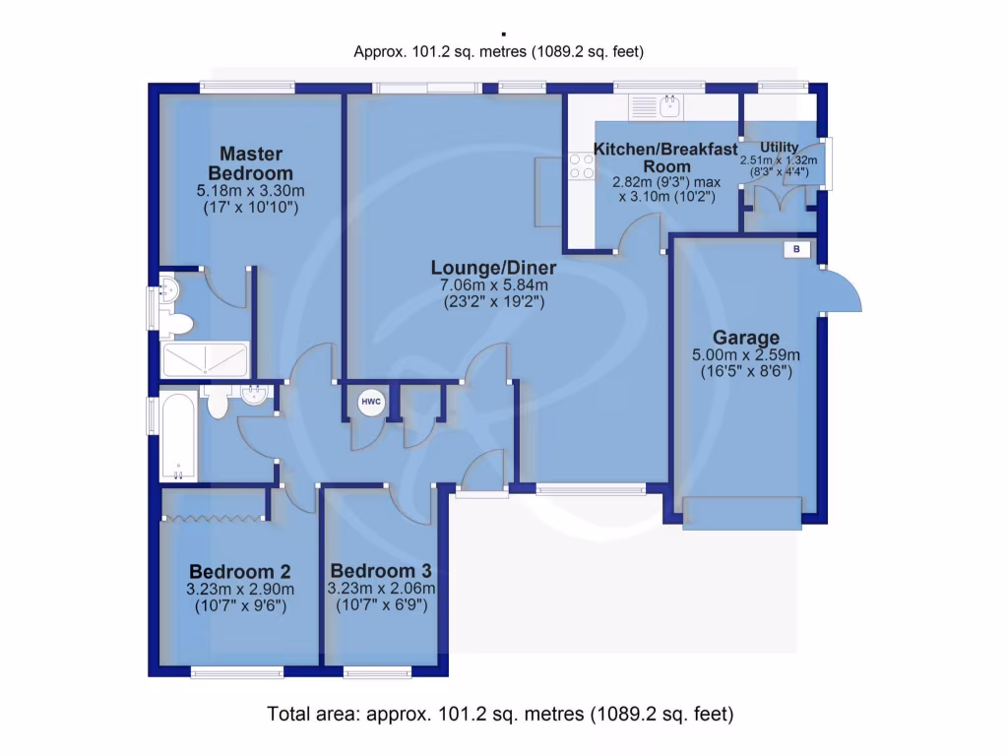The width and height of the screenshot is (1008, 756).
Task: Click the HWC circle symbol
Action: click(x=370, y=402)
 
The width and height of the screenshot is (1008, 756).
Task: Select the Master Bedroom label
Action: click(x=250, y=163)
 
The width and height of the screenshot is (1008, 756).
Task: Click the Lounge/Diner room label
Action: click(x=493, y=268)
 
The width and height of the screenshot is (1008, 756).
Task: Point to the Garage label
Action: click(x=746, y=338)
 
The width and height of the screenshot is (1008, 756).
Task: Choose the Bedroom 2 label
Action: click(x=239, y=572)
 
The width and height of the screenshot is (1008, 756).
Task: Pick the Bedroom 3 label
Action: click(x=380, y=571)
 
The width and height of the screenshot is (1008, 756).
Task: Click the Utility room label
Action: click(x=779, y=148)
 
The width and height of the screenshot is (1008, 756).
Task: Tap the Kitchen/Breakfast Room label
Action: click(x=664, y=157)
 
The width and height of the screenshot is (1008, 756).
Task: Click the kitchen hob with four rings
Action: click(x=581, y=167)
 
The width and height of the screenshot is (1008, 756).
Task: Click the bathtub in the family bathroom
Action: click(x=179, y=437)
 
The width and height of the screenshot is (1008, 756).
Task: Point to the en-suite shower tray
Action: click(x=206, y=359)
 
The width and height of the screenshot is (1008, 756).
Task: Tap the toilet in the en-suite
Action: click(x=177, y=323)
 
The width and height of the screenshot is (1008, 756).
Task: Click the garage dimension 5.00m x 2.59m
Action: click(x=746, y=355)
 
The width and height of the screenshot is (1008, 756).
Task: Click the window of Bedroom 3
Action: click(x=377, y=673)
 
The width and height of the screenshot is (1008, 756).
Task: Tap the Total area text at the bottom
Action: click(x=500, y=714)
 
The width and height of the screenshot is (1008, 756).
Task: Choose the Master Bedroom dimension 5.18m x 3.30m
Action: click(x=250, y=191)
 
